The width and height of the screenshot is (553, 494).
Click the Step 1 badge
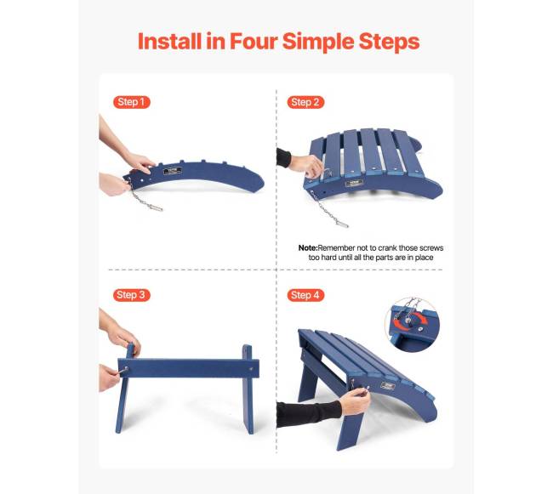(x=132, y=102)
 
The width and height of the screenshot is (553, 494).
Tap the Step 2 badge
(x=305, y=102)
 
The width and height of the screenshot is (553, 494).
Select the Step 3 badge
(x=132, y=295)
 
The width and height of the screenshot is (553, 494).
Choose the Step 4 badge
(x=305, y=295)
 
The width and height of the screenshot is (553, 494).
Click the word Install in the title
(x=170, y=41)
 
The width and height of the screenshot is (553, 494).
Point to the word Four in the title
(x=254, y=41)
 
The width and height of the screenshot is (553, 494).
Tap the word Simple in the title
(x=318, y=43)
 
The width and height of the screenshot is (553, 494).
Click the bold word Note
(x=308, y=248)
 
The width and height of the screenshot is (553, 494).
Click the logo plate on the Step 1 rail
(x=173, y=171)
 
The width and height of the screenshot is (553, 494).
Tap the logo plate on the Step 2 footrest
(x=354, y=183)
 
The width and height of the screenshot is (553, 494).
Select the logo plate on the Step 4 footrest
(x=388, y=386)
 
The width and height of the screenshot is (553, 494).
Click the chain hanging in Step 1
(x=143, y=196)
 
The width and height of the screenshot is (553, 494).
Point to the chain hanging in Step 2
(x=328, y=210)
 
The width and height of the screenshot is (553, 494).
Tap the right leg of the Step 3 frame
(x=248, y=389)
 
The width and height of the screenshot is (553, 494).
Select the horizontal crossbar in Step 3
(x=188, y=368)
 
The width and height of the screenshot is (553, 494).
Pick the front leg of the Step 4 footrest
(x=351, y=430)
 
